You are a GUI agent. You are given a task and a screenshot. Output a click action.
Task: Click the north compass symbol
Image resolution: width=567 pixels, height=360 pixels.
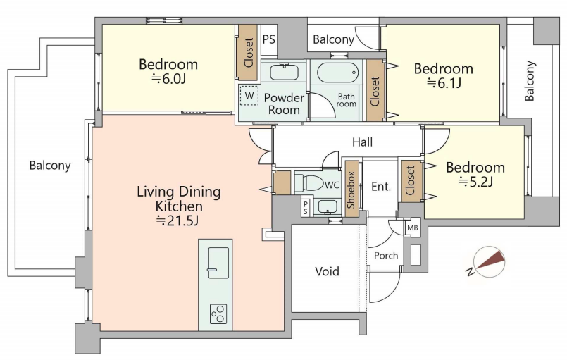489,262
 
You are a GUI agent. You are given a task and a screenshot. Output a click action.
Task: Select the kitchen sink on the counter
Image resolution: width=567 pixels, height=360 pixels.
218,263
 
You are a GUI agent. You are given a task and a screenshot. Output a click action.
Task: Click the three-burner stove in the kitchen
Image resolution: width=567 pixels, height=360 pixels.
218,314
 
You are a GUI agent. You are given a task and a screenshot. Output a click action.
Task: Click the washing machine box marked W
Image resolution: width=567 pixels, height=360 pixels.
249,96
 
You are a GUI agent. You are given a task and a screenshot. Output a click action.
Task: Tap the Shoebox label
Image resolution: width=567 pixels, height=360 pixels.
351,190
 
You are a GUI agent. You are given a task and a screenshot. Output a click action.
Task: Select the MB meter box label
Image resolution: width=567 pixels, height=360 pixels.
412,228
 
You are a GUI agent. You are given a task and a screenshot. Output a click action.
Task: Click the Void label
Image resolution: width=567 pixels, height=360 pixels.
328,271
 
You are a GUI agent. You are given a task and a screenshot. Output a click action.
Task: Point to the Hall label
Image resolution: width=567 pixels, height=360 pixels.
362,142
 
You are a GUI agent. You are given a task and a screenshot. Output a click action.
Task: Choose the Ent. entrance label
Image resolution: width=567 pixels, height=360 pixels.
381,186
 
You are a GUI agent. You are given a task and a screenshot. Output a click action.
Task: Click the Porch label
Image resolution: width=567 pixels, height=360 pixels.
386,256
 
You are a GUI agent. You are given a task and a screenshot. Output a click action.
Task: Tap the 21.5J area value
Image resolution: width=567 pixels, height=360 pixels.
177,220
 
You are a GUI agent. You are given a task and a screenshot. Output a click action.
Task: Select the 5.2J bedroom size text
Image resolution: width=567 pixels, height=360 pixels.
476,182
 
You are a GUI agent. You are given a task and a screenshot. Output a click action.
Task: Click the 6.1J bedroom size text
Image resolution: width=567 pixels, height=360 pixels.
444,83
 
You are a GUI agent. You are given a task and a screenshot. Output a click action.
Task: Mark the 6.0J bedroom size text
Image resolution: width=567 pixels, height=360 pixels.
168,78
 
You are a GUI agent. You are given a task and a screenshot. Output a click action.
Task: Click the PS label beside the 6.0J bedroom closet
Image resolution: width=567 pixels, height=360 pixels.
268,39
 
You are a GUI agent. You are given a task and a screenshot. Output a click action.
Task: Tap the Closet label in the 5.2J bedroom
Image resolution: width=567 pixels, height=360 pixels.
411,180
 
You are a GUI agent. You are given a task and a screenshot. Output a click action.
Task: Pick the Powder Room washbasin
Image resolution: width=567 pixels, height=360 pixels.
285,72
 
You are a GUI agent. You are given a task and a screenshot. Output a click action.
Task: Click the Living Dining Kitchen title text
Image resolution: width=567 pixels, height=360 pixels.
179,199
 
